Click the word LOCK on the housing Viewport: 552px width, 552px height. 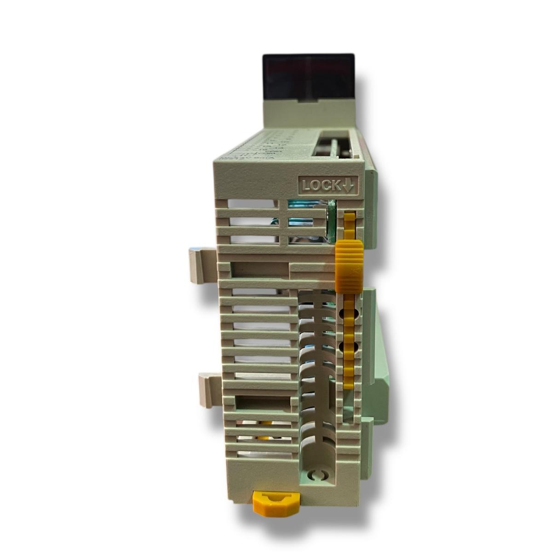[321, 185]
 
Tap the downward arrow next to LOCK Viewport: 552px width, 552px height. [348, 185]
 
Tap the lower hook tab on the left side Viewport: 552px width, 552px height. [209, 390]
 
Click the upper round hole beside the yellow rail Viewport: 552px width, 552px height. [343, 314]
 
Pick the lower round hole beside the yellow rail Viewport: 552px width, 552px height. [343, 346]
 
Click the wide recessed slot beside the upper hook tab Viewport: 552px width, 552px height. [258, 269]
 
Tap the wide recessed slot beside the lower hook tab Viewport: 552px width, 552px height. [262, 404]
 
